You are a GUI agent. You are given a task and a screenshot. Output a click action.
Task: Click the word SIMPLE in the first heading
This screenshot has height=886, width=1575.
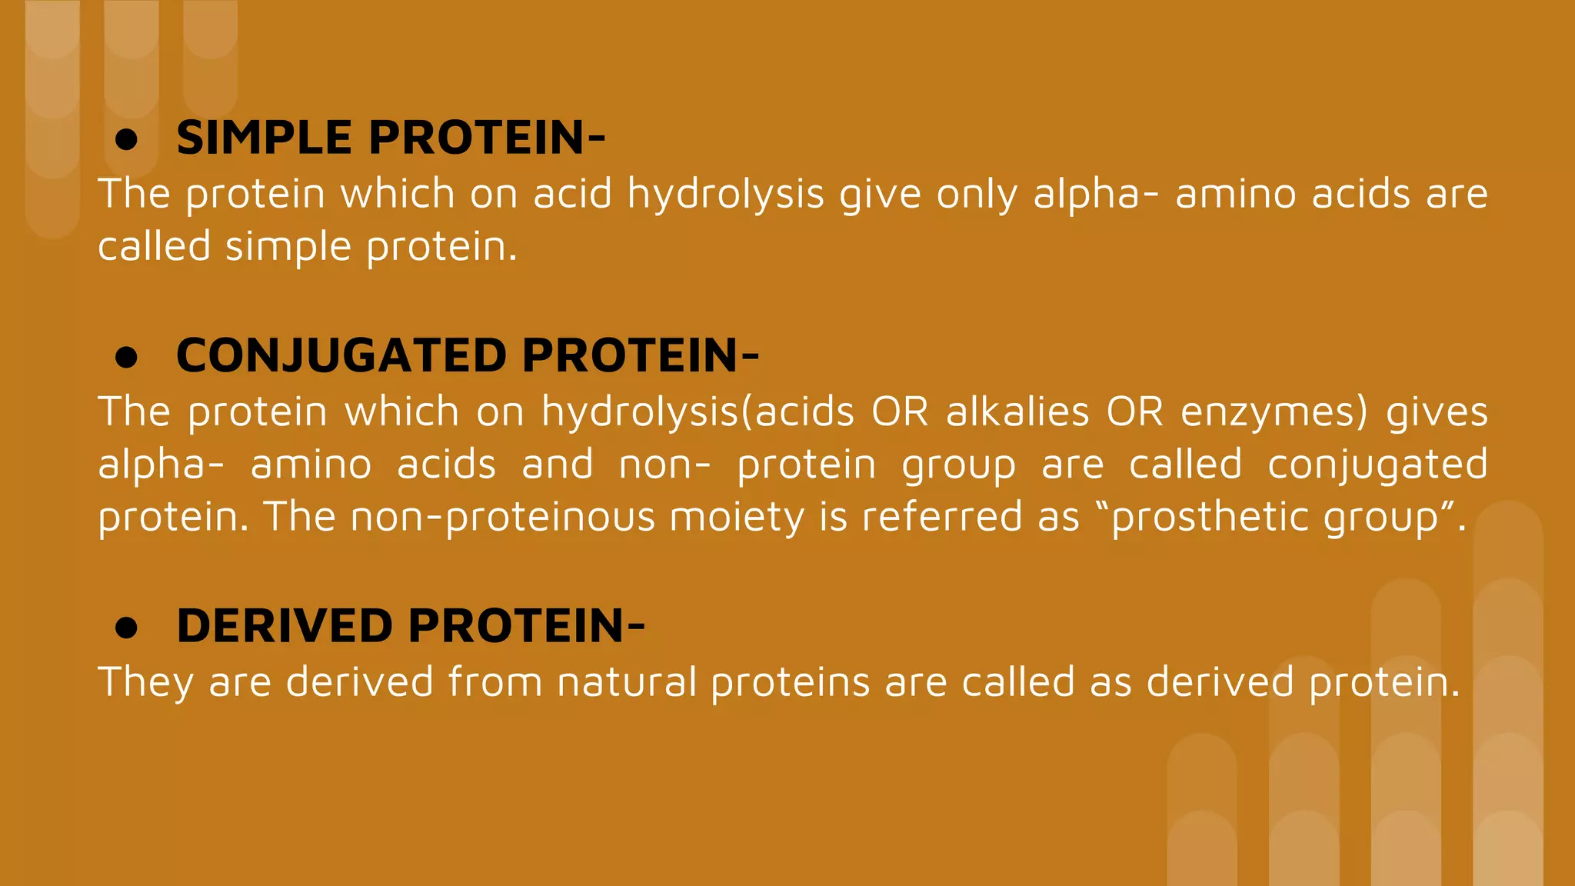[265, 138]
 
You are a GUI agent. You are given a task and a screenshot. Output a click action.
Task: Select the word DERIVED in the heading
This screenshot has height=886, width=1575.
[285, 626]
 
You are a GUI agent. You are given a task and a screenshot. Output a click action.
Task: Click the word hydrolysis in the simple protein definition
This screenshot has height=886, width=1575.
[725, 194]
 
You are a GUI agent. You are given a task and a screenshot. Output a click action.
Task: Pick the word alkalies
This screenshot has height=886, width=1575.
[1017, 411]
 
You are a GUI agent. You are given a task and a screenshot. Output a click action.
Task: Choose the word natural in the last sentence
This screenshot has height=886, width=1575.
[626, 682]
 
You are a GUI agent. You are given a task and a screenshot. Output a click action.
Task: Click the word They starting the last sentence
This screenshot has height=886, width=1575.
[146, 682]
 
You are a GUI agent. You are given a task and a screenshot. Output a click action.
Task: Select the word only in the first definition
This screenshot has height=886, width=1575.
[977, 194]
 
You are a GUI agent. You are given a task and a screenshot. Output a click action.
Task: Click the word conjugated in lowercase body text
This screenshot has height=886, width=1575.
[1377, 465]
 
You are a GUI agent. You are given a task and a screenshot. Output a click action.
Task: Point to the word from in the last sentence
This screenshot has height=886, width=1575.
[495, 682]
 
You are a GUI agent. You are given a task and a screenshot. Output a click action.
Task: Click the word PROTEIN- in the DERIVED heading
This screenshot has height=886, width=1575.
[526, 626]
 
